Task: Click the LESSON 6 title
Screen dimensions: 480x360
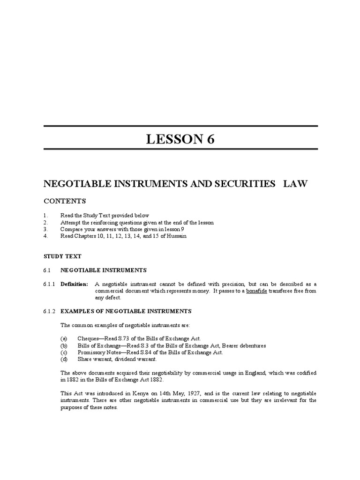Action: coord(180,140)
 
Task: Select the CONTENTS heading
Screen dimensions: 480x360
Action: coord(65,201)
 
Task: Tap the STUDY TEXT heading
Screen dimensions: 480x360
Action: coord(62,256)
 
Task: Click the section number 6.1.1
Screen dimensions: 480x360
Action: coord(49,284)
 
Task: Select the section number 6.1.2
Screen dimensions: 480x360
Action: coord(49,311)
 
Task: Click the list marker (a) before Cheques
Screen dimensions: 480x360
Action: coord(64,339)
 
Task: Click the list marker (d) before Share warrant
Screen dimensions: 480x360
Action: coord(64,359)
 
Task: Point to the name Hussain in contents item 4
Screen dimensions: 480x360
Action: coord(176,236)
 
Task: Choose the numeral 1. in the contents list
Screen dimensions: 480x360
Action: coord(45,215)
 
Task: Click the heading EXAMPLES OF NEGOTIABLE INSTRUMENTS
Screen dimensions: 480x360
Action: coord(126,311)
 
